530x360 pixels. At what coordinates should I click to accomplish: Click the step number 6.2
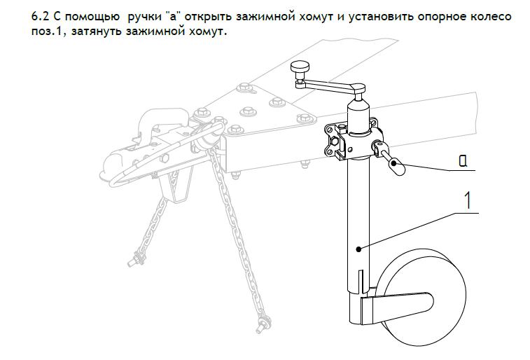click(41, 16)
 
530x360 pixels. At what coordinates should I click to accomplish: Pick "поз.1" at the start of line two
click(49, 32)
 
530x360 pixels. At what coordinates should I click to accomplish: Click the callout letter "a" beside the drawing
click(463, 161)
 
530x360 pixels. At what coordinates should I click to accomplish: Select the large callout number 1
click(468, 200)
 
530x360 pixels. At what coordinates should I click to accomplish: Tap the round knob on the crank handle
click(300, 67)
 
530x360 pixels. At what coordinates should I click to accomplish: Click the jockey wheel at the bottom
click(421, 298)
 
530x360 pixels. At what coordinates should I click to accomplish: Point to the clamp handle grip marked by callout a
click(396, 167)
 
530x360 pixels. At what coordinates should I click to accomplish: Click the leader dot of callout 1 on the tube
click(358, 249)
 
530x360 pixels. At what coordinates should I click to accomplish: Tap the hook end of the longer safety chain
click(262, 323)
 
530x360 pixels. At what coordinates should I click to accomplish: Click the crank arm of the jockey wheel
click(330, 85)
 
